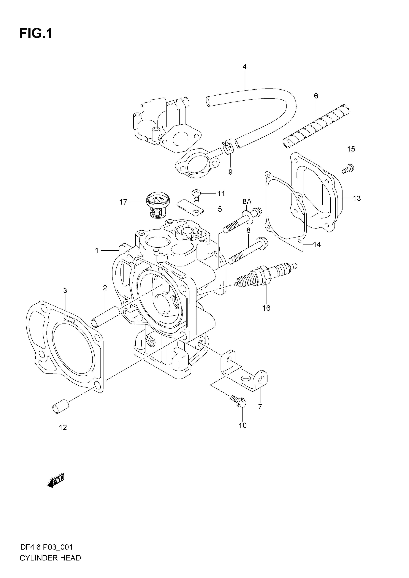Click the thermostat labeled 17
[x=158, y=205]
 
